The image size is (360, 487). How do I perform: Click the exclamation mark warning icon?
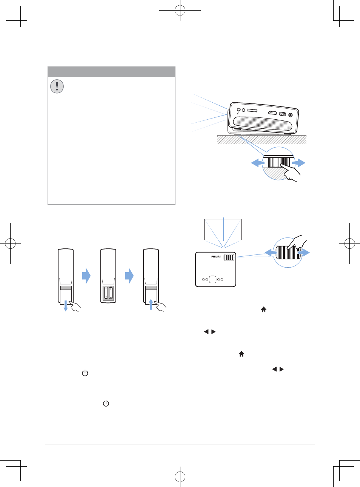(57, 86)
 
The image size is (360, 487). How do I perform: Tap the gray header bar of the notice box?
(112, 72)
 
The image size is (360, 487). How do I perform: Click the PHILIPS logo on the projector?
(216, 256)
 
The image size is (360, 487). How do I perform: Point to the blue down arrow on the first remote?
(65, 306)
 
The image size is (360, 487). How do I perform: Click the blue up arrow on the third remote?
(151, 304)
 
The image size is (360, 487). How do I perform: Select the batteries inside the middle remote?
(108, 293)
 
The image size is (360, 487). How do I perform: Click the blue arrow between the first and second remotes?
(86, 276)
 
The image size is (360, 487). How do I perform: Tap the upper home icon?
(264, 310)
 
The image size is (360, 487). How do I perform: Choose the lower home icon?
(242, 354)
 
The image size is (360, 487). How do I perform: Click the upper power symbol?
(85, 373)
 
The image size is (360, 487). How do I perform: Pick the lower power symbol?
(106, 403)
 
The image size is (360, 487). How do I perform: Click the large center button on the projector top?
(212, 279)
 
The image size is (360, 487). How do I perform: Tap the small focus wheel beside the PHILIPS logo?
(229, 257)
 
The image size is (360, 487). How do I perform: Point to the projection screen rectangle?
(223, 230)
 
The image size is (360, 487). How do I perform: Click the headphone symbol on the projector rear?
(238, 114)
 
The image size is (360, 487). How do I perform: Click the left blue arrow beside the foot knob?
(258, 163)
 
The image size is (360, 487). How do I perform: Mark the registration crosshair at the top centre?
(180, 10)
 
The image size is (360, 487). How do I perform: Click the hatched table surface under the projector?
(262, 140)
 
